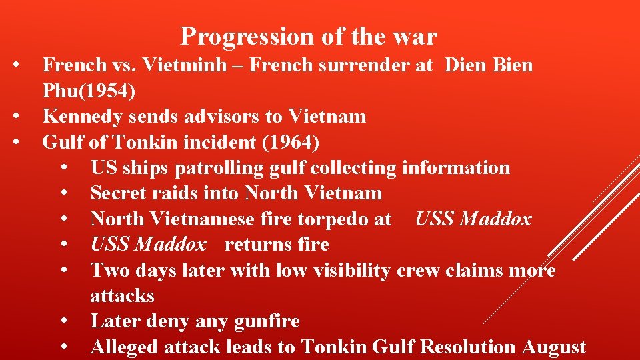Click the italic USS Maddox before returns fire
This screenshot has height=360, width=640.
149,245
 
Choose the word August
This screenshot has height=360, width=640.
554,347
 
